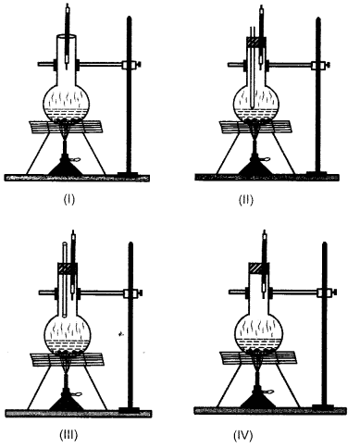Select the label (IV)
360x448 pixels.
[x=254, y=433]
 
